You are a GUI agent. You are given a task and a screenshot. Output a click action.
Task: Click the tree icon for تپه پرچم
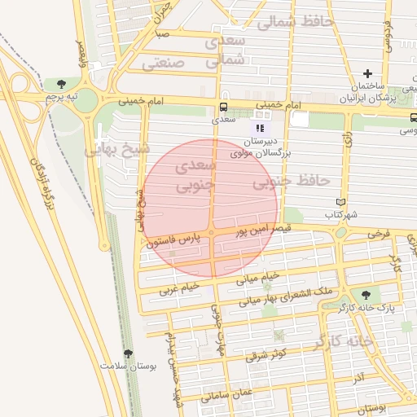(x=62, y=83)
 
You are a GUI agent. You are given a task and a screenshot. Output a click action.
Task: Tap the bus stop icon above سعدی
(x=222, y=107)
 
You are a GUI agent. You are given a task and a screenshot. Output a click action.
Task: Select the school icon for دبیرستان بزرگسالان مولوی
(x=260, y=128)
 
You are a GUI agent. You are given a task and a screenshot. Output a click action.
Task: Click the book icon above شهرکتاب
(x=340, y=201)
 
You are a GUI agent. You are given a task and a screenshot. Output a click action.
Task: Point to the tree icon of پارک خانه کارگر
(x=364, y=295)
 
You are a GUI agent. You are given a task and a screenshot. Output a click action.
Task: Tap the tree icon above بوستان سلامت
(x=127, y=353)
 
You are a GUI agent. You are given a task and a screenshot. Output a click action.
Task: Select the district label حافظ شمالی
(x=295, y=22)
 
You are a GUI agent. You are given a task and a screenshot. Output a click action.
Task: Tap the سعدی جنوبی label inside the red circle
(x=195, y=176)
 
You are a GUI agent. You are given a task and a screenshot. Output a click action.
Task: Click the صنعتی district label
(x=169, y=61)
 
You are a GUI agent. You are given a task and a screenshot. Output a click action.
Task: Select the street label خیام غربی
(x=179, y=288)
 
